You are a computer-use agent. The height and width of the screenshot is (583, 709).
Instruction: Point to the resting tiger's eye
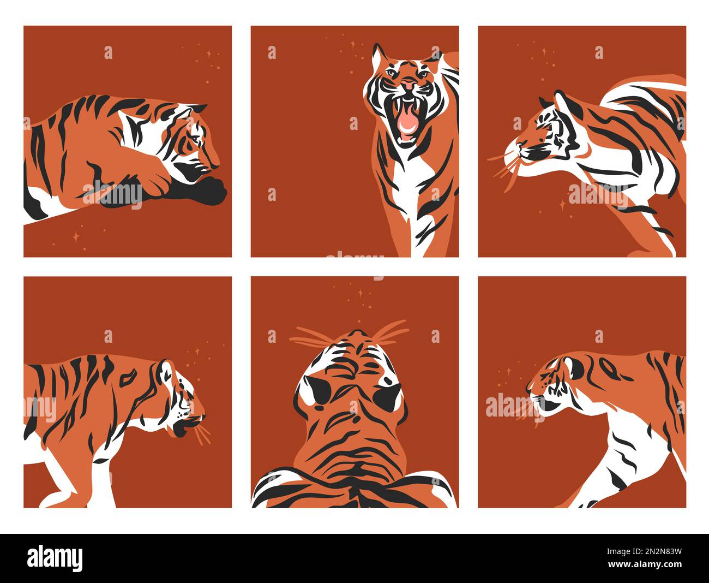point(194,138)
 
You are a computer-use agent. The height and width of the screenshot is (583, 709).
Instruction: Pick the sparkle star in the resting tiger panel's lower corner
point(76,237)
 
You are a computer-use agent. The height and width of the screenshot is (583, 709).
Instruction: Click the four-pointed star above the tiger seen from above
point(360,293)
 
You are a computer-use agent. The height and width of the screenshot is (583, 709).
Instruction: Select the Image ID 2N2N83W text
point(644,551)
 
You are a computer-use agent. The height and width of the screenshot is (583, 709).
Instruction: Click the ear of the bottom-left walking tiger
point(166,368)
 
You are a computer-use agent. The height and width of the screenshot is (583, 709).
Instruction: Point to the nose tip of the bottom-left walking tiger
point(204,416)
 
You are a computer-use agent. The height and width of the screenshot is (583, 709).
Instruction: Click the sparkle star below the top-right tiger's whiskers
point(562,205)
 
